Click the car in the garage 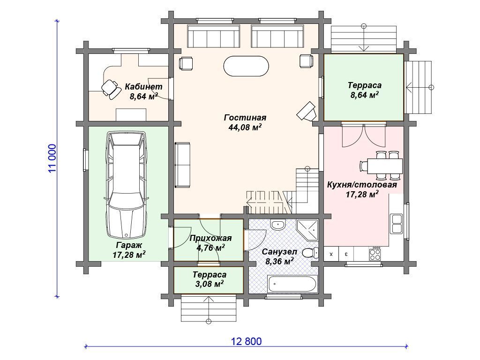point(127,185)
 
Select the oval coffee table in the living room point(246,66)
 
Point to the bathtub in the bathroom point(292,284)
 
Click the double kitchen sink point(397,224)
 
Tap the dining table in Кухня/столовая point(385,166)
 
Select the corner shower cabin point(307,230)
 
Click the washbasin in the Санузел point(278,225)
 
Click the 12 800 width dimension point(247,341)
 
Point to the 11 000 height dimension point(52,158)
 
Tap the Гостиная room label point(245,118)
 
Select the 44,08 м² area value point(245,127)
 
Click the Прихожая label point(210,238)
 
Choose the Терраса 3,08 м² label point(210,279)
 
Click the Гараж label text point(129,245)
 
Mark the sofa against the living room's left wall point(182,165)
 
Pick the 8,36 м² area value point(279,262)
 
